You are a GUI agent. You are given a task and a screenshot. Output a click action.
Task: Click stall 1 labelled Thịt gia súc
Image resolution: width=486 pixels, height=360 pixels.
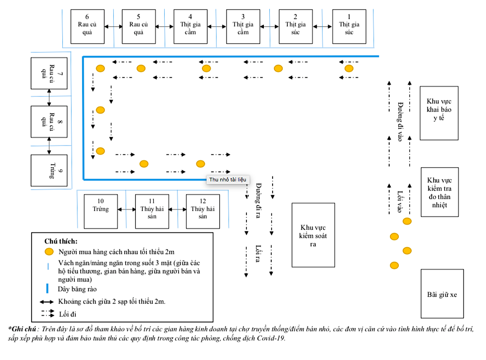(349, 27)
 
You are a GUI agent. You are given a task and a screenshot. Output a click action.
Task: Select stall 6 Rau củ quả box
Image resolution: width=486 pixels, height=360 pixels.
(87, 27)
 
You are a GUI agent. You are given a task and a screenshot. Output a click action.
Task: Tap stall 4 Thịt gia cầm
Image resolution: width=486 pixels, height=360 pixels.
(190, 27)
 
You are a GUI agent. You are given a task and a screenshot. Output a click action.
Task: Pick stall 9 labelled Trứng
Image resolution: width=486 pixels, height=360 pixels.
(49, 171)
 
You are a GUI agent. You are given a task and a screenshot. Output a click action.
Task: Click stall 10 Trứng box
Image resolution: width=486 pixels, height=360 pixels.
(101, 211)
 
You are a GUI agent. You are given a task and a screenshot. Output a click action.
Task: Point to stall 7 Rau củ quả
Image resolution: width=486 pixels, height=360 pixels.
(49, 73)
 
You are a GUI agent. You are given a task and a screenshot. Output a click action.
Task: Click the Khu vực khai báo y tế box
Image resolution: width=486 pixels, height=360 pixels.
(439, 113)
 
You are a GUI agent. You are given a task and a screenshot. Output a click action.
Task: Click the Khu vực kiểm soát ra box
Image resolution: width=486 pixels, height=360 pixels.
(313, 235)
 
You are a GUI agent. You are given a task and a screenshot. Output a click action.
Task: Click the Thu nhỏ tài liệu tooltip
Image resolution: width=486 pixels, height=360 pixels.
(228, 180)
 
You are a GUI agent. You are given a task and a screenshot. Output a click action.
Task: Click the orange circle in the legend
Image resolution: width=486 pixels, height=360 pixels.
(49, 252)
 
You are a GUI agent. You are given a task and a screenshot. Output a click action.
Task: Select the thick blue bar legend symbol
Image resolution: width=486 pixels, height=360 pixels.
(47, 289)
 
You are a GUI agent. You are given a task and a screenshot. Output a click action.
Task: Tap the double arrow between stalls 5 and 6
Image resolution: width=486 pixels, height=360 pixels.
(113, 27)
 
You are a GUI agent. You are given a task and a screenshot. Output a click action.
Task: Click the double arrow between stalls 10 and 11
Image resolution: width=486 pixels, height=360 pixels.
(126, 210)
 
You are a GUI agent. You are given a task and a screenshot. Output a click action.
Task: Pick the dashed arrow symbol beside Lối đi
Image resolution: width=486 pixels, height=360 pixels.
(48, 314)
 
